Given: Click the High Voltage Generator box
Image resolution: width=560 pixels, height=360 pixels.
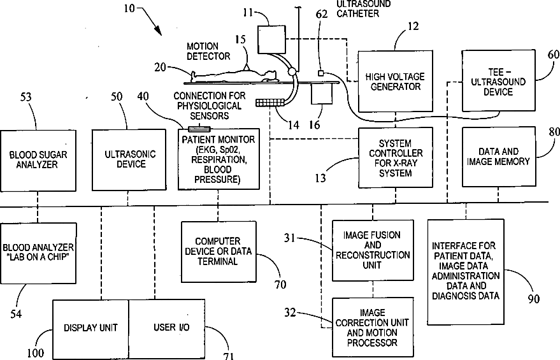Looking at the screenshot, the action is point(396,81).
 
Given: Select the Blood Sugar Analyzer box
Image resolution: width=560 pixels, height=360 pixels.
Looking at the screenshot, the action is point(38,161).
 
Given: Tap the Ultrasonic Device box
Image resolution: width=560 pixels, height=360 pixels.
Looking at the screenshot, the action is point(129,160).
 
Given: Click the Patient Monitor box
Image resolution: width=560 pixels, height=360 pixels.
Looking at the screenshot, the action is point(219,159).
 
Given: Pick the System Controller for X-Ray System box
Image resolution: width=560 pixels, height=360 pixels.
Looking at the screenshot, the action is point(396,158).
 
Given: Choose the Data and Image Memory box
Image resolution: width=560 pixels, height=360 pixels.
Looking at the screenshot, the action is point(499,157).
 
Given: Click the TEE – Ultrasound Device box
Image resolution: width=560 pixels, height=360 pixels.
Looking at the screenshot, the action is point(499,81).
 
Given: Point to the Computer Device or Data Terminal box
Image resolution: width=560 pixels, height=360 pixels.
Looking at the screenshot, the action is point(219,252).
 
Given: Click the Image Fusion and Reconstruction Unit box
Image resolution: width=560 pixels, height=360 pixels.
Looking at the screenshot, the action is point(373,250).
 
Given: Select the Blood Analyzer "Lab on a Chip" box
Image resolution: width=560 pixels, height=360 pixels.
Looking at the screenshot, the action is point(38,253).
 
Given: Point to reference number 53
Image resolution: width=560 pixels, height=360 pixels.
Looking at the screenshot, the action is point(25,97).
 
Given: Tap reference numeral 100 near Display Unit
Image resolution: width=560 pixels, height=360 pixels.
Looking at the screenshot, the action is point(36,353).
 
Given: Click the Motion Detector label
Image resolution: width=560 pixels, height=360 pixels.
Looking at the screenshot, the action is point(208,52).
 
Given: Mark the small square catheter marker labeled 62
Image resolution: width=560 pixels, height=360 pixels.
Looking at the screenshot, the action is point(320,73).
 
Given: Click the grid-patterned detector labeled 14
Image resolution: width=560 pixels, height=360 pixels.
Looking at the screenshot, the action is point(270,103).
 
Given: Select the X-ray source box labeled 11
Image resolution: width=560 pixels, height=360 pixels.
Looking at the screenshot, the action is point(272,40).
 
